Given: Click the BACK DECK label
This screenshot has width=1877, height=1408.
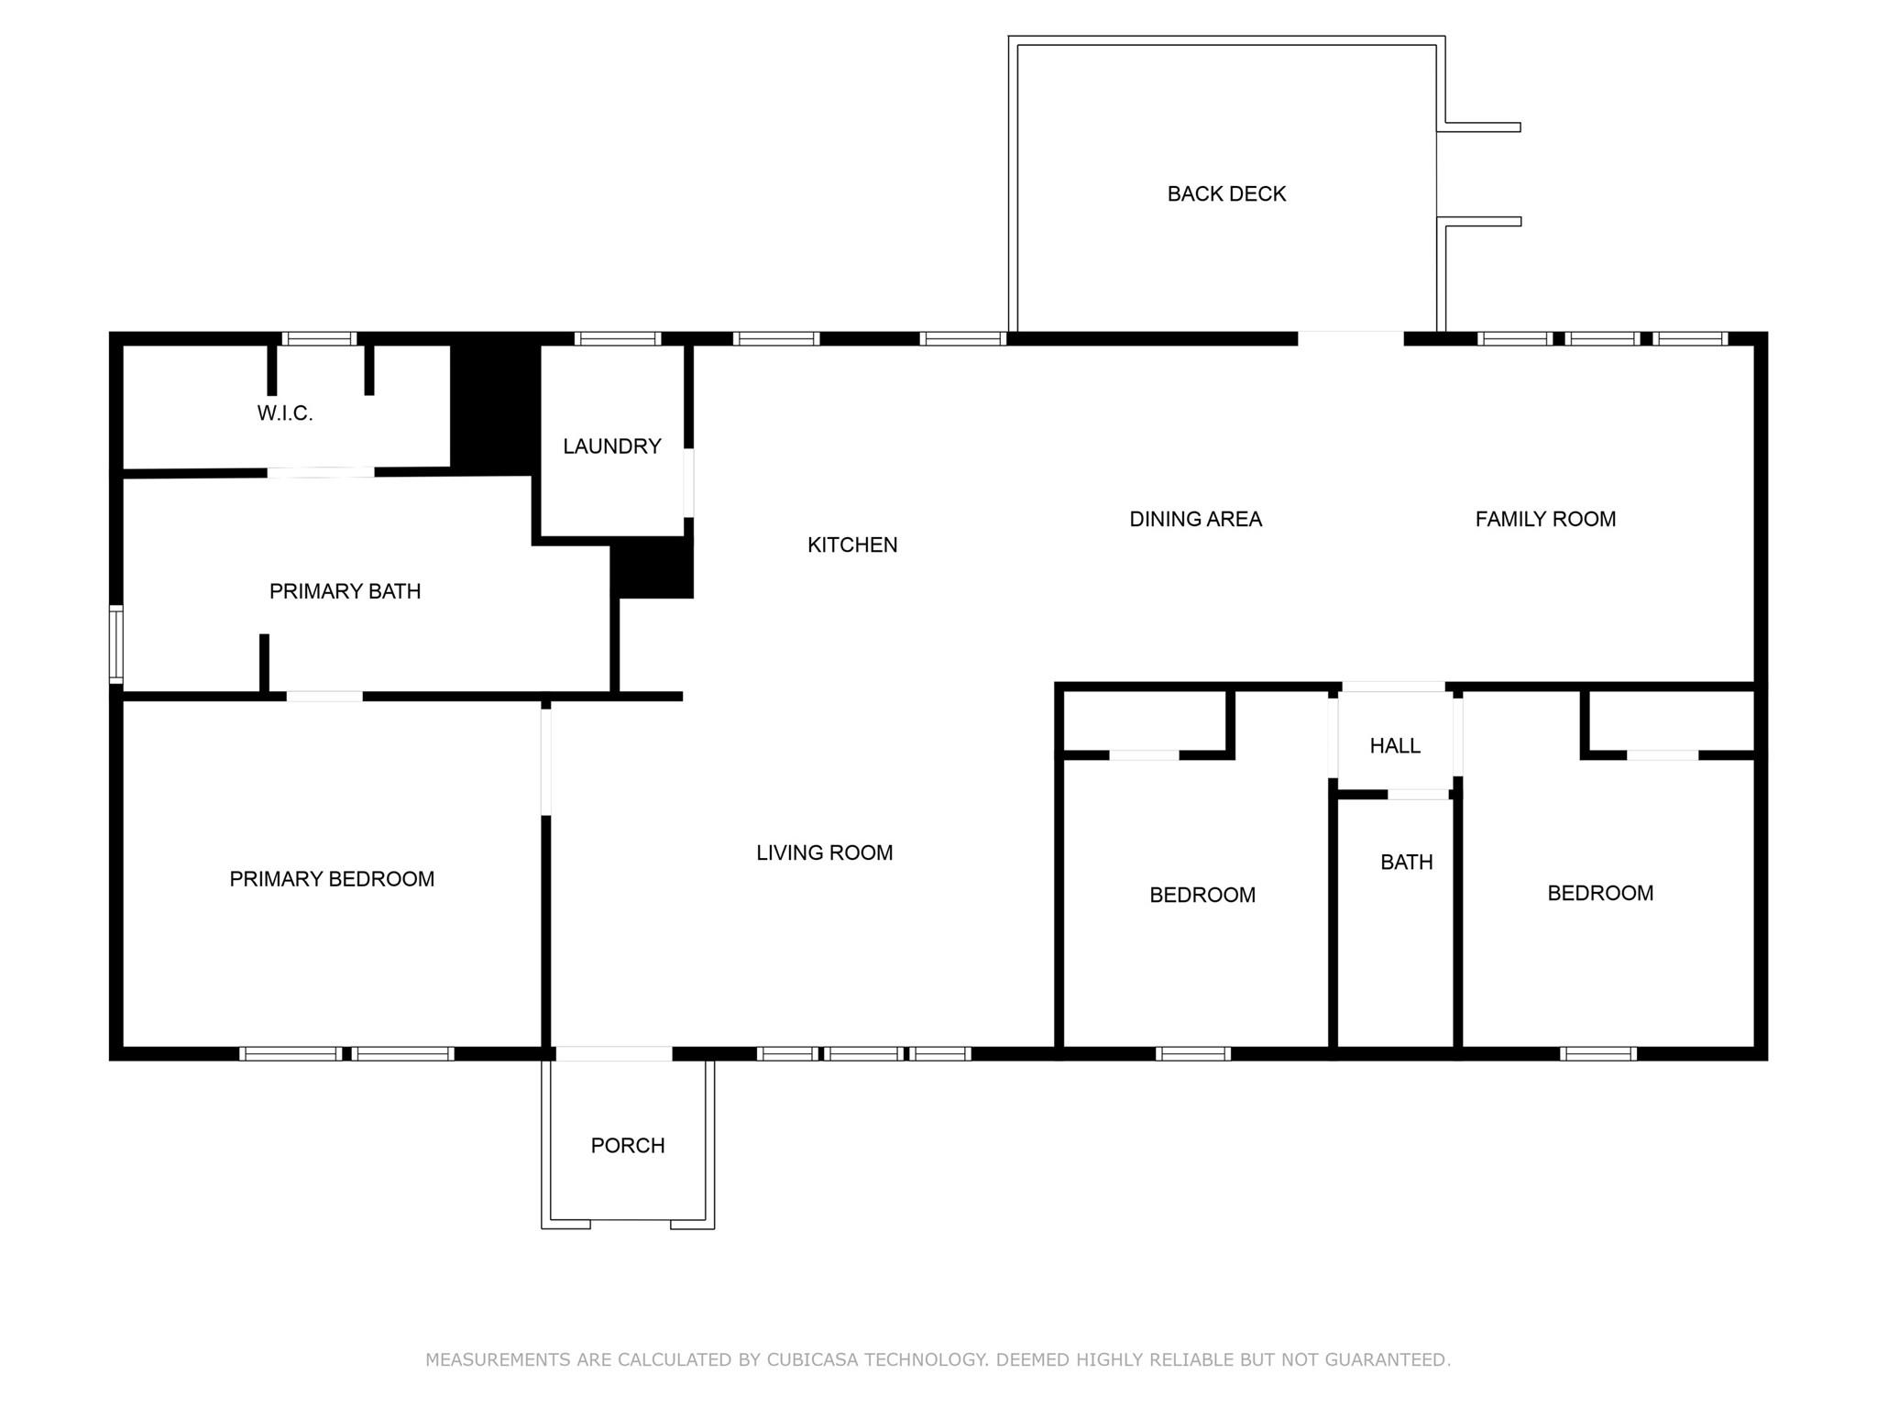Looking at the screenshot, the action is pos(1226,193).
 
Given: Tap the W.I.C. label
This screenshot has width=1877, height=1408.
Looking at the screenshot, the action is pos(285,413).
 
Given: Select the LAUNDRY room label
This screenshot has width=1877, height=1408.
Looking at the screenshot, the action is pos(612,446).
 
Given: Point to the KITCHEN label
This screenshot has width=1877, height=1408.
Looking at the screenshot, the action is pos(852,544).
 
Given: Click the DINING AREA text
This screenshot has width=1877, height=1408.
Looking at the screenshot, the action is pos(1196,519).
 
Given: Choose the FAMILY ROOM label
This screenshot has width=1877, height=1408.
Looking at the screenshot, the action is pos(1545,519).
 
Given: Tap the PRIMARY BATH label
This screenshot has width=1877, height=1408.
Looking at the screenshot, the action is pos(346,591).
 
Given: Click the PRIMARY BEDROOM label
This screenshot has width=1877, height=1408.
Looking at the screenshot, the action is pos(332,879).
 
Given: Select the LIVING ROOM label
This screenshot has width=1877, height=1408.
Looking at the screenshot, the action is pos(825,852).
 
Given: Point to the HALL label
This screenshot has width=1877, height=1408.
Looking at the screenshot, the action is pos(1395,746).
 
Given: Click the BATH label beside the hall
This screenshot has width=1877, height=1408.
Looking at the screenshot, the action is pos(1407,862).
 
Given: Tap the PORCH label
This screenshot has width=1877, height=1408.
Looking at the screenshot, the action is pos(628,1145).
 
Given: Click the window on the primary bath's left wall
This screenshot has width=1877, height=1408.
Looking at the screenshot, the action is pos(116,643).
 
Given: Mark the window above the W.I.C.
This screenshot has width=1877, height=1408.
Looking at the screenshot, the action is pos(319,338).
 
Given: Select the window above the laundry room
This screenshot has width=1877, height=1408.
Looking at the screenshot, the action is pos(618,338).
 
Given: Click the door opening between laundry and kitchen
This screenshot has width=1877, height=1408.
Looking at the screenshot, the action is pos(689,483).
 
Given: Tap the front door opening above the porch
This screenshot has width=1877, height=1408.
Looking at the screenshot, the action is pos(614,1054).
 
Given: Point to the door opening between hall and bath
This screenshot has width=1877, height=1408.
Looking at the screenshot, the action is pos(1419,794).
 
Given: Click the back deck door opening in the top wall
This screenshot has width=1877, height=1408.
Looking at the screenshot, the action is pos(1351,338).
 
